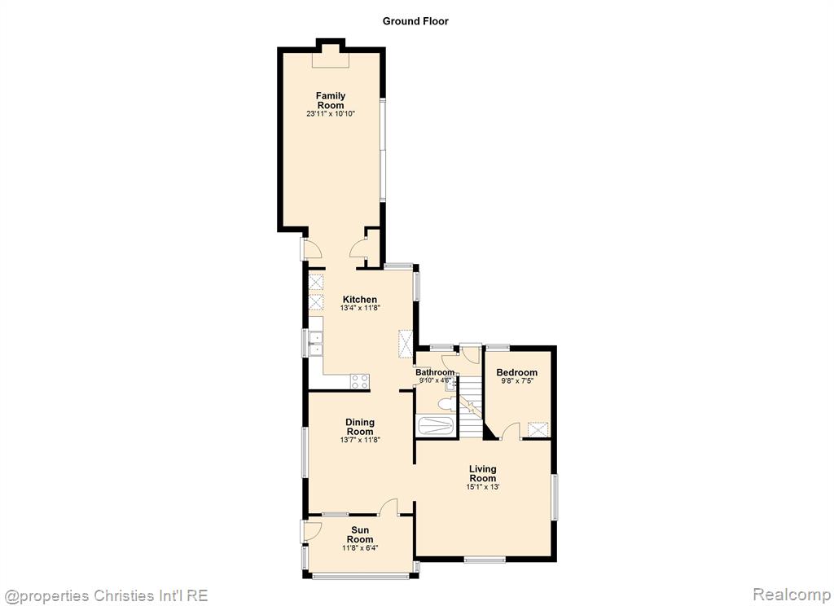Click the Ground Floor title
(x=415, y=21)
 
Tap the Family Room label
(x=331, y=100)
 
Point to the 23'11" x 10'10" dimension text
(x=331, y=114)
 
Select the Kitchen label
(x=359, y=300)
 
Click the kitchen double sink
(x=316, y=344)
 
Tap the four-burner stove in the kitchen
(x=359, y=381)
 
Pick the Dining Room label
(x=359, y=427)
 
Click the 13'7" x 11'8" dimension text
(x=359, y=440)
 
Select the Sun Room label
(x=359, y=534)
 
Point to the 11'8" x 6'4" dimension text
(x=359, y=548)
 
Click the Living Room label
(x=482, y=473)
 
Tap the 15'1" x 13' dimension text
(x=482, y=487)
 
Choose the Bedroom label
(x=516, y=372)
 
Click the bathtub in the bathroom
(x=436, y=426)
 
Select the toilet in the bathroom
(x=446, y=405)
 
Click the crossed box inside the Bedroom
(x=538, y=429)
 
